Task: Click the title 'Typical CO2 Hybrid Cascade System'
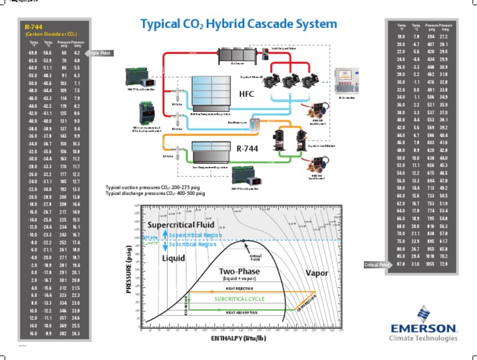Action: [238, 25]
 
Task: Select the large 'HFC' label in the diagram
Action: [247, 94]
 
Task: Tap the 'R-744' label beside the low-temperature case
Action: [248, 148]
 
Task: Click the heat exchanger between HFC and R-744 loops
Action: [255, 122]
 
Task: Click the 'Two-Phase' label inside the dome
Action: [238, 272]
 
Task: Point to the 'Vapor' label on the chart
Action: [317, 272]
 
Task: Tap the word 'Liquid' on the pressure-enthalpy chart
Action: [174, 258]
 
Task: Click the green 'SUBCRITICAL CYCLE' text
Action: [239, 299]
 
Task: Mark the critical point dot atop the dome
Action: [243, 240]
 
